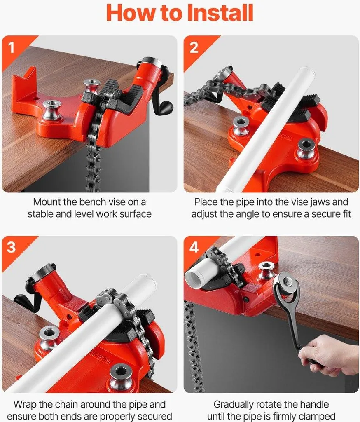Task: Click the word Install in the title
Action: pos(220,12)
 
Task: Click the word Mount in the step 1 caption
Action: pos(47,202)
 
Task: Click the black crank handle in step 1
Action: pos(163,107)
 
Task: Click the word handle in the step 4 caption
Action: pos(314,404)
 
